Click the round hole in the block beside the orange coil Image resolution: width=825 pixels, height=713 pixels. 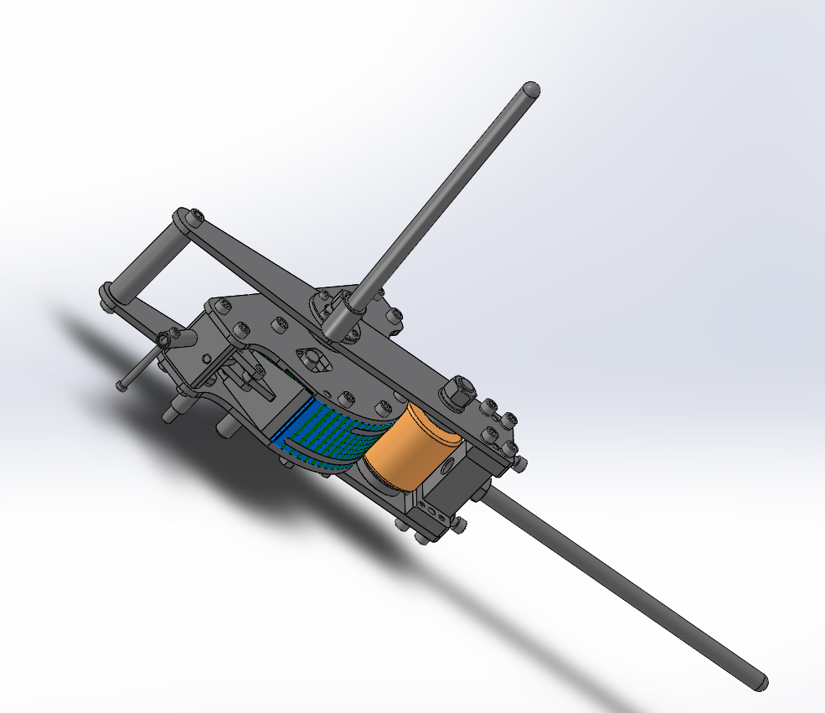click(451, 462)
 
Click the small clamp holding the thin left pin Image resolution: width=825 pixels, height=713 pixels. click(171, 338)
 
